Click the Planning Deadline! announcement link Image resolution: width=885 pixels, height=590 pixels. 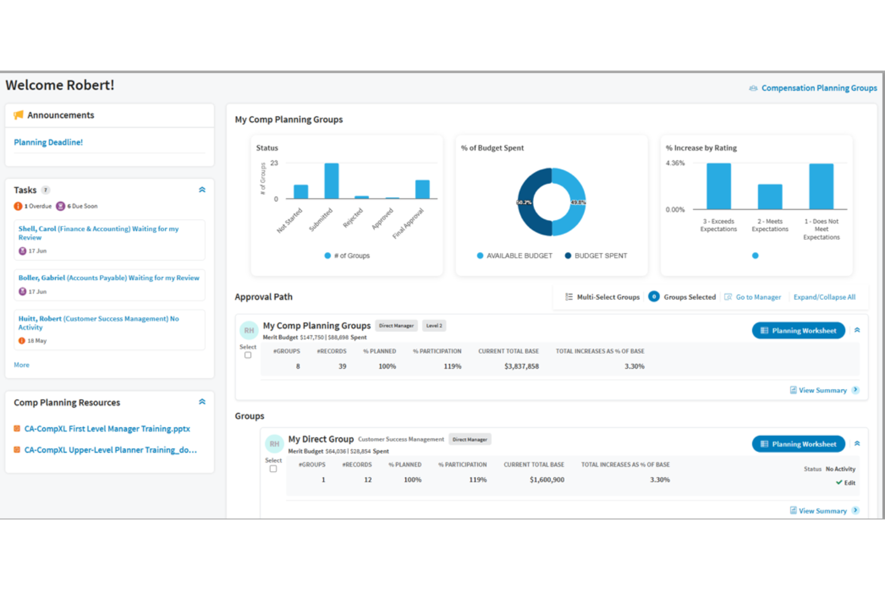[48, 142]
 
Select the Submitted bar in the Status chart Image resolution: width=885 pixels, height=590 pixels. [331, 181]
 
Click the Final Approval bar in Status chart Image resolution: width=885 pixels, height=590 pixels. [422, 189]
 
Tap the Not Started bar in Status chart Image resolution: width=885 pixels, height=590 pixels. [301, 192]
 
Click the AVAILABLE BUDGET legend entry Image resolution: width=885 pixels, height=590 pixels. [514, 256]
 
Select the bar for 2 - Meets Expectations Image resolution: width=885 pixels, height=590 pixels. [770, 197]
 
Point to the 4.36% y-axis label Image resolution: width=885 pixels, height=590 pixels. [675, 163]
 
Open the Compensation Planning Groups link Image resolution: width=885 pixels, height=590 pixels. [819, 88]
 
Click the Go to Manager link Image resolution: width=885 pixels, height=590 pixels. [758, 297]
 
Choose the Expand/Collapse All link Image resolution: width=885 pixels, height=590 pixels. [824, 297]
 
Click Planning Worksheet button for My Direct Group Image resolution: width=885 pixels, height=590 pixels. [798, 444]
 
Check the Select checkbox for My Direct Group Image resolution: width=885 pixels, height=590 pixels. [273, 469]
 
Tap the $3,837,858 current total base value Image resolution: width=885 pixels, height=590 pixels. [521, 366]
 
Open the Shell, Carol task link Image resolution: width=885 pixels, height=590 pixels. [98, 233]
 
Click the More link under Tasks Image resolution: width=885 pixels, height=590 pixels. [22, 365]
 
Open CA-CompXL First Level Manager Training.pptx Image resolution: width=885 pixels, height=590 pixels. [107, 429]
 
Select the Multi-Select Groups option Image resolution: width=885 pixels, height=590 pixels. [608, 297]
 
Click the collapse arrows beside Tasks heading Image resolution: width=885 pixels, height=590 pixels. [202, 190]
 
